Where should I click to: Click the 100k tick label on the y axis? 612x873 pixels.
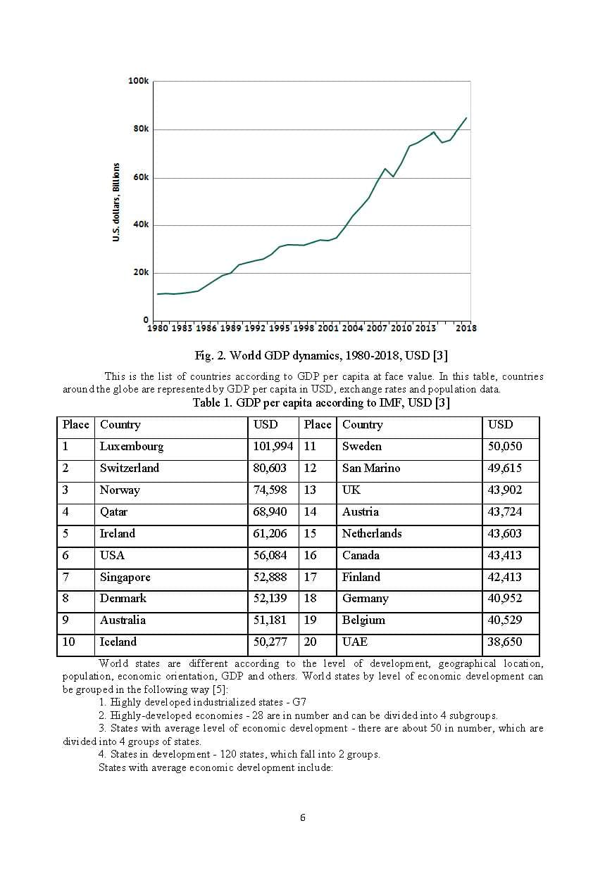[x=139, y=81]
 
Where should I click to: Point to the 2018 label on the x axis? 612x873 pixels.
[x=466, y=328]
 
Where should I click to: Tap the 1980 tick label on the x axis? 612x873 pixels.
[x=158, y=328]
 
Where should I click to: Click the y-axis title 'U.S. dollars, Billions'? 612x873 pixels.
[x=115, y=203]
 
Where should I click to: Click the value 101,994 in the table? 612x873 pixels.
[x=273, y=447]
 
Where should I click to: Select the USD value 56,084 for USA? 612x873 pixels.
[x=270, y=555]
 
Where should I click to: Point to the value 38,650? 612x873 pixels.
[x=505, y=642]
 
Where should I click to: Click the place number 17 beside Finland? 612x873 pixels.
[x=310, y=577]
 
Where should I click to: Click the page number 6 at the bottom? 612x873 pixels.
[x=303, y=817]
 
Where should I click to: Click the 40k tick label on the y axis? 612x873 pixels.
[x=141, y=224]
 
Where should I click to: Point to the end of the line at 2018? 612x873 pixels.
[x=466, y=117]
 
